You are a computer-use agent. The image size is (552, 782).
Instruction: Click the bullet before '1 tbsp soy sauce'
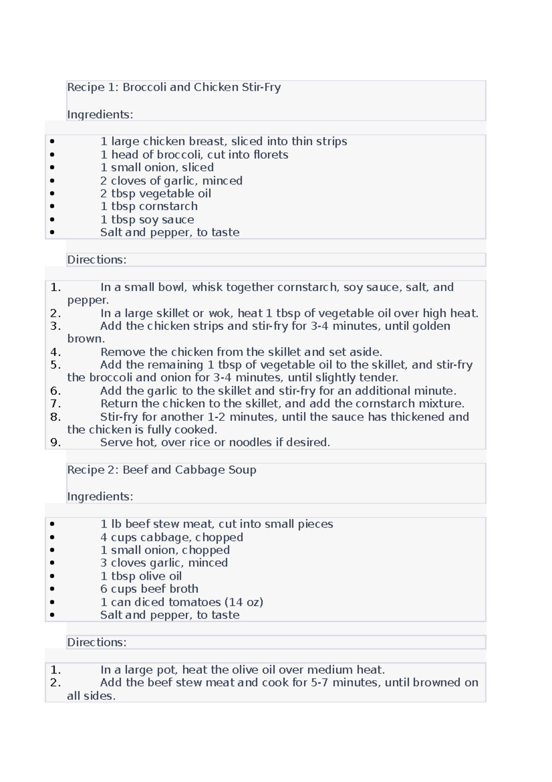point(52,220)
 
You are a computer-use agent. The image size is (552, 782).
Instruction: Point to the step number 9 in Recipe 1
point(55,443)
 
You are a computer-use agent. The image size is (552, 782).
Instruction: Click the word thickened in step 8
point(418,417)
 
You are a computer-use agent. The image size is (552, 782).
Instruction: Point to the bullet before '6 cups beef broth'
point(52,589)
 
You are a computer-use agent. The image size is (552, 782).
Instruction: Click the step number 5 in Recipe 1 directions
point(55,365)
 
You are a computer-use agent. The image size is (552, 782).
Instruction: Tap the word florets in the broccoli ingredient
point(270,155)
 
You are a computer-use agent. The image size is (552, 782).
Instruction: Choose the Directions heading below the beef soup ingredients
point(97,642)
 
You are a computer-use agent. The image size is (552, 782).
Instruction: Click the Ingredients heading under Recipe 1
point(100,114)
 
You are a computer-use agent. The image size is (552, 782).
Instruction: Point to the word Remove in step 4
point(123,352)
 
